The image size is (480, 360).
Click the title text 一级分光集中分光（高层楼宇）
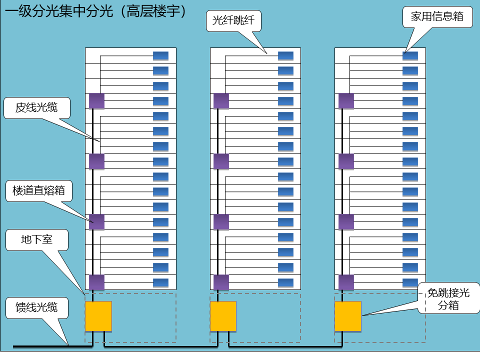click(x=95, y=11)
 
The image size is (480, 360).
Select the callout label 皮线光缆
click(x=36, y=107)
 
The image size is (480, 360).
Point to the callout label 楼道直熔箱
click(x=39, y=191)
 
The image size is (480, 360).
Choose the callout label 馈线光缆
click(x=36, y=307)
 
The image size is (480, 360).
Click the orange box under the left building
click(x=98, y=316)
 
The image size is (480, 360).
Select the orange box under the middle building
click(x=223, y=316)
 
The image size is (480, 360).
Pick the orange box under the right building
click(x=347, y=316)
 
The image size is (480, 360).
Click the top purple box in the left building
click(x=96, y=101)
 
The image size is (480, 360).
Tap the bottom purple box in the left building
click(x=96, y=282)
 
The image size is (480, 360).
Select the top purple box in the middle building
click(x=221, y=101)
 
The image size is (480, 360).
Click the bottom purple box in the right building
click(x=346, y=282)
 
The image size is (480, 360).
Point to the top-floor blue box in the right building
click(x=410, y=55)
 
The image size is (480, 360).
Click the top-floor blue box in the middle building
click(x=285, y=55)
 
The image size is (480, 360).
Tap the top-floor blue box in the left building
click(x=160, y=55)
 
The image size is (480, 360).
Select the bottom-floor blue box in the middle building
click(x=285, y=282)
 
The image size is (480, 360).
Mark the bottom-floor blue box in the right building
click(x=410, y=282)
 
